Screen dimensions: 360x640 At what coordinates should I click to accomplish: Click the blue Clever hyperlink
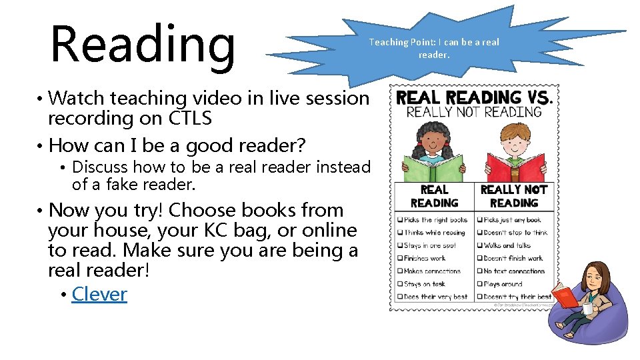(x=99, y=294)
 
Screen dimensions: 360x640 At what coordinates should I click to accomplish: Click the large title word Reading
(x=142, y=43)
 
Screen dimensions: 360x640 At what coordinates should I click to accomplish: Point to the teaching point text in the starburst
(x=433, y=48)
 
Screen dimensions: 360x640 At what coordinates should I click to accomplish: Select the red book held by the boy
(x=514, y=169)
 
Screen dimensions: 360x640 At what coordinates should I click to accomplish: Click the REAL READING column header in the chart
(x=434, y=196)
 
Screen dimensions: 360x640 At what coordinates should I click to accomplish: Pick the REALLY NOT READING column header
(x=513, y=196)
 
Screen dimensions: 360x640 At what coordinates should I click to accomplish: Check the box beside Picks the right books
(x=399, y=220)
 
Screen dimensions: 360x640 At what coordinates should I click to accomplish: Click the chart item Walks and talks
(x=507, y=245)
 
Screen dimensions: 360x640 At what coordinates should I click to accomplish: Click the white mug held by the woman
(x=587, y=309)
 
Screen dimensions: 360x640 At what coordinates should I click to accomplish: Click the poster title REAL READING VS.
(x=474, y=98)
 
